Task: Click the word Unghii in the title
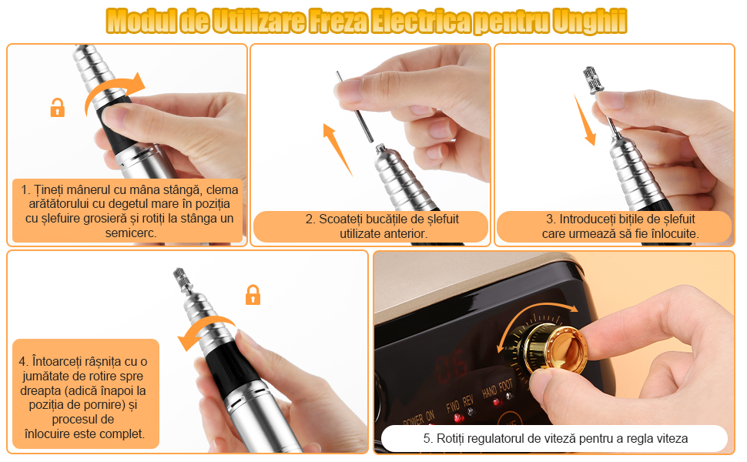click(590, 22)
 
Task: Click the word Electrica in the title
click(421, 22)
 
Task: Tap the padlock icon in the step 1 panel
click(58, 108)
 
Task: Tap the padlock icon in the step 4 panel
click(253, 295)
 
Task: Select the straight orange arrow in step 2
click(337, 149)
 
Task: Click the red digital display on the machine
click(450, 364)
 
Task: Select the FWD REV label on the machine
click(460, 404)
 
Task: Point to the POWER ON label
click(419, 419)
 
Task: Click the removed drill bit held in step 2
click(354, 106)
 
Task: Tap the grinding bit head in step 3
click(593, 80)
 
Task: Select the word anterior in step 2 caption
click(407, 234)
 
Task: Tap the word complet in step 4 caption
click(124, 434)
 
